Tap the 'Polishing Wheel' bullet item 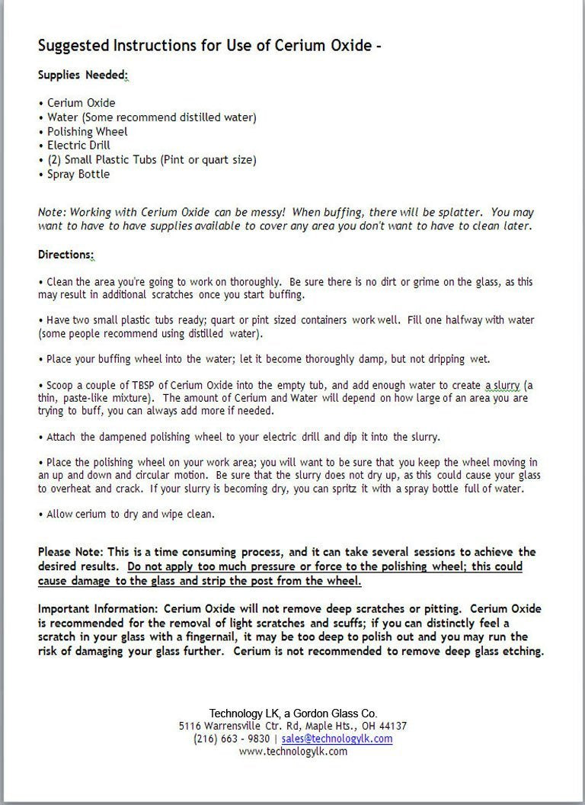pyautogui.click(x=87, y=131)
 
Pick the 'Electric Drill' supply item pyautogui.click(x=78, y=145)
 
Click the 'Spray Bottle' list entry pyautogui.click(x=78, y=174)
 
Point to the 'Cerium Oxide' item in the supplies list pyautogui.click(x=81, y=102)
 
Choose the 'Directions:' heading pyautogui.click(x=66, y=254)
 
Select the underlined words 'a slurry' pyautogui.click(x=503, y=386)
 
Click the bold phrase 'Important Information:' pyautogui.click(x=100, y=608)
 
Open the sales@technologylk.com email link pyautogui.click(x=337, y=739)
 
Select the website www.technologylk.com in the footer pyautogui.click(x=292, y=751)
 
